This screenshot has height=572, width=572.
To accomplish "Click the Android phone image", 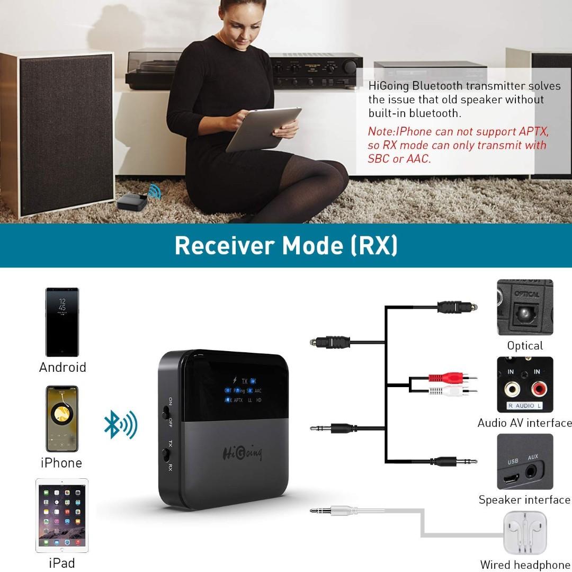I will point(62,322).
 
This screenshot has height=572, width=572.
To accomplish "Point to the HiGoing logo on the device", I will point(242,453).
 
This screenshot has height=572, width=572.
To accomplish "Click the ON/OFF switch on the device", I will point(165,412).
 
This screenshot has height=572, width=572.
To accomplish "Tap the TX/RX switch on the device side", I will point(165,454).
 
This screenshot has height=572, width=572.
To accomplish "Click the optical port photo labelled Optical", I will point(525,307).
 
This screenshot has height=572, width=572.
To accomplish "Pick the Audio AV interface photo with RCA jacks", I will point(525,385).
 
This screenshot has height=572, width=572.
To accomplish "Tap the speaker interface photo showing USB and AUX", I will point(525,462).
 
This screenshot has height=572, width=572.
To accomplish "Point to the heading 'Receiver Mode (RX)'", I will point(286,246).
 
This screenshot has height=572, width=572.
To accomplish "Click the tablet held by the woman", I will point(263,128).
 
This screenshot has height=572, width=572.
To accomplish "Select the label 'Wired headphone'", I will point(525,565).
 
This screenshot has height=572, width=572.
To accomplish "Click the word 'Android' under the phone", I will point(62,368).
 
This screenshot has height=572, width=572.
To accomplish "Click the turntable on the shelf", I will point(154,69).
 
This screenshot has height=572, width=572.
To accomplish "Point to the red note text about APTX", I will point(458,145).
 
